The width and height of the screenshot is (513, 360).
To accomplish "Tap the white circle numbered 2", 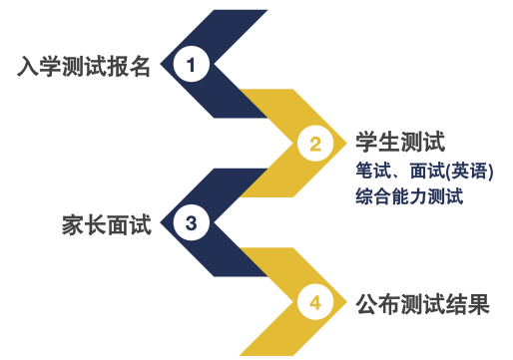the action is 315,144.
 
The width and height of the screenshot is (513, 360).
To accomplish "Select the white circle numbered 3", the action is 191,222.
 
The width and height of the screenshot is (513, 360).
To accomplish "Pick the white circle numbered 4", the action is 315,302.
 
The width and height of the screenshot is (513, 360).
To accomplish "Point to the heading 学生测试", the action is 399,141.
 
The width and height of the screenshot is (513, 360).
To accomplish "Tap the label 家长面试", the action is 107,223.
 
